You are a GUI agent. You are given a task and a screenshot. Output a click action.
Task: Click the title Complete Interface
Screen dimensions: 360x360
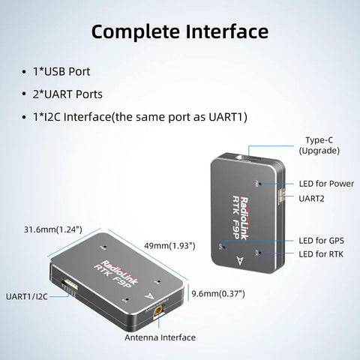coord(180,32)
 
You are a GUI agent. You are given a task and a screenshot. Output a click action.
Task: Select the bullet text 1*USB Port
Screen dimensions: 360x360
coord(61,72)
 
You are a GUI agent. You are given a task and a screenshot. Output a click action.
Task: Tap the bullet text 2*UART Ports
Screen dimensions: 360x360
coord(67,94)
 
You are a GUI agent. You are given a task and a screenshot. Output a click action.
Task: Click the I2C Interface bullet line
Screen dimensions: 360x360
coord(140,117)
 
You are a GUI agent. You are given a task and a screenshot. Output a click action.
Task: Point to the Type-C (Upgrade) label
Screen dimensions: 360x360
coord(319,145)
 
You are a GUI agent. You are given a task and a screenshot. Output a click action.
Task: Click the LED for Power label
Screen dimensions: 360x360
coord(326,184)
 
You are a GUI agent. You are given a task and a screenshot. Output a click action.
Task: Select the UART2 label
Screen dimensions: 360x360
coord(311,199)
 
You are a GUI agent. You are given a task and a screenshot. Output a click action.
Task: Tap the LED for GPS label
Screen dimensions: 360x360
coord(321,241)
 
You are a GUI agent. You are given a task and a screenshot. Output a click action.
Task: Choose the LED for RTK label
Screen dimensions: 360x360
coord(321,254)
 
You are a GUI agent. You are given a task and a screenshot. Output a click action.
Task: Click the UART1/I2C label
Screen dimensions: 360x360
coord(27,297)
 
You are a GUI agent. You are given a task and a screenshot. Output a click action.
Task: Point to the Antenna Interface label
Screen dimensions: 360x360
coord(160,337)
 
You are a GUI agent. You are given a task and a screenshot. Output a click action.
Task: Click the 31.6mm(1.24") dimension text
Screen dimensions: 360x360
coord(53,229)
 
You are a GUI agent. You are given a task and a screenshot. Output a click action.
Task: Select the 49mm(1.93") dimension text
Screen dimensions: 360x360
coord(169,246)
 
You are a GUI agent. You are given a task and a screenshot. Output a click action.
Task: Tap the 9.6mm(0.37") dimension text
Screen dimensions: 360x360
coord(218,293)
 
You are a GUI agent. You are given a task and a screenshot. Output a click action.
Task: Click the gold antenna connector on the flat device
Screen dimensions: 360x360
coord(158,311)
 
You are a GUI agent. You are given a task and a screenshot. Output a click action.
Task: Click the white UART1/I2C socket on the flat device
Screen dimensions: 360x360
coord(70,286)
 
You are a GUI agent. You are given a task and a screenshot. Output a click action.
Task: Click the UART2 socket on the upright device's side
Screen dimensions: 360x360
coord(281,194)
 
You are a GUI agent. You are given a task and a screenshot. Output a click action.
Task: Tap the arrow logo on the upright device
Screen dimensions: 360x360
coord(240,260)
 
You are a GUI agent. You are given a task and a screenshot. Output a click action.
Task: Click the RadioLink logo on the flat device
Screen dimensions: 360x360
coord(119,272)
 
